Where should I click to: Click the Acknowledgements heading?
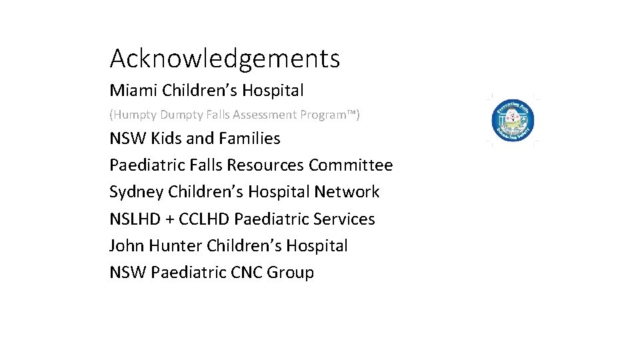pyautogui.click(x=225, y=59)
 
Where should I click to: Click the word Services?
pyautogui.click(x=344, y=219)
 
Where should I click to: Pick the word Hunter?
pyautogui.click(x=175, y=246)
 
